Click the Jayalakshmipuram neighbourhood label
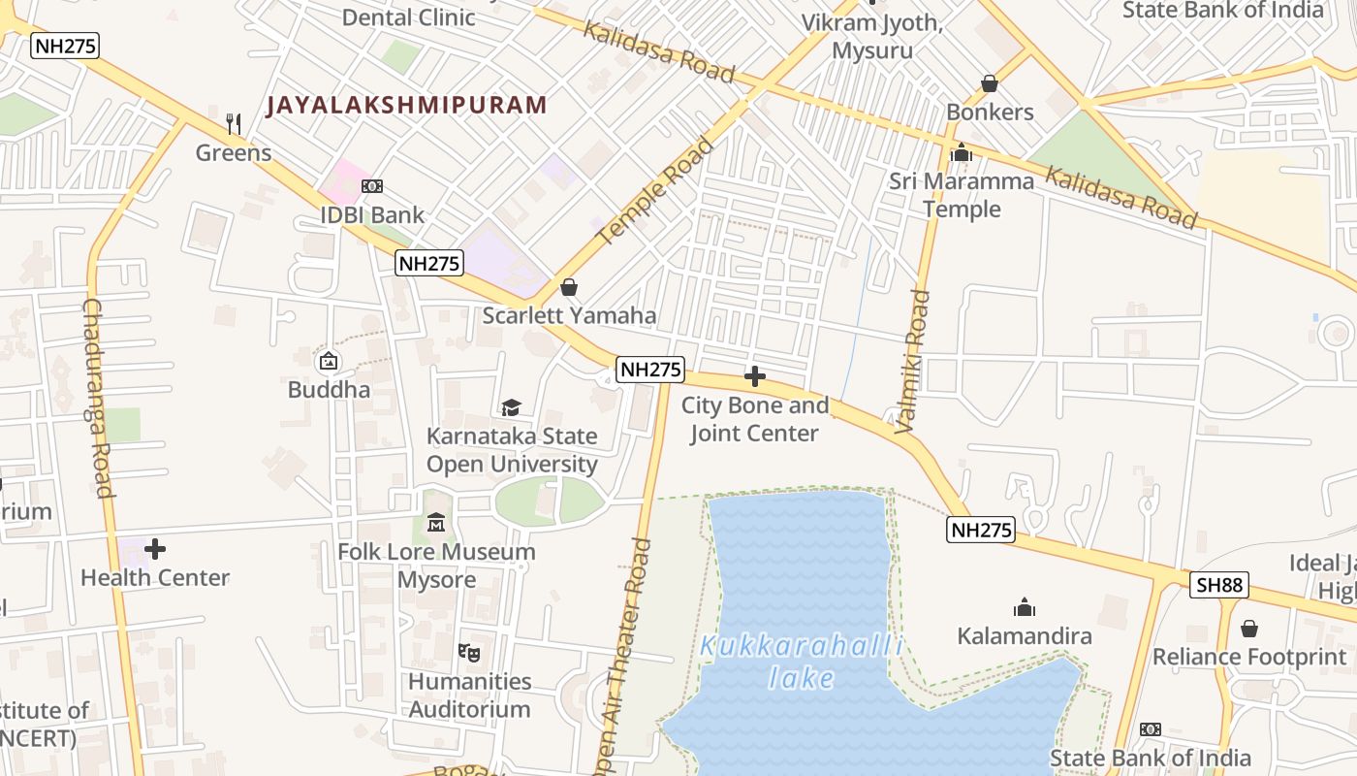(x=406, y=105)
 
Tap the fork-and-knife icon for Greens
(x=233, y=123)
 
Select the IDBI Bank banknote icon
(x=372, y=186)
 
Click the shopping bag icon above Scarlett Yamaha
(x=569, y=287)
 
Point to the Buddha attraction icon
(x=329, y=361)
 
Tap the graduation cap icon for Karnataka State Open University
(x=511, y=407)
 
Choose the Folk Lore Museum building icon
(x=436, y=523)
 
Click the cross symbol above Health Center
(x=155, y=549)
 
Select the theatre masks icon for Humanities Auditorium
(x=469, y=652)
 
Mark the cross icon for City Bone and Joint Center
(x=755, y=376)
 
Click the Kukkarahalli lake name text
(x=802, y=662)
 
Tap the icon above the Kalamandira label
(x=1025, y=607)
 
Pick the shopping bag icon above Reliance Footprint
(x=1249, y=629)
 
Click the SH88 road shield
(x=1219, y=585)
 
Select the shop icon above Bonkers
(x=990, y=83)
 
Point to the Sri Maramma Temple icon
(x=962, y=152)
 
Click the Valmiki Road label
(x=916, y=361)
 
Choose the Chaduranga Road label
(x=99, y=398)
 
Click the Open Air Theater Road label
(x=627, y=660)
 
